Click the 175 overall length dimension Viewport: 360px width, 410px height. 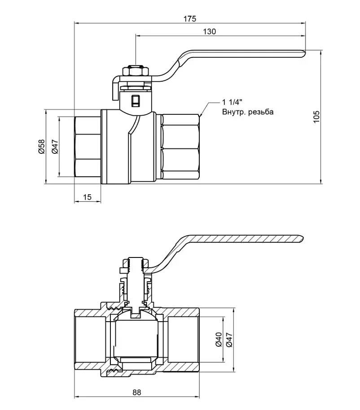190,19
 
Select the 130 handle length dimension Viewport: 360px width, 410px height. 210,31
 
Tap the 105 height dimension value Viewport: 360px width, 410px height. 316,117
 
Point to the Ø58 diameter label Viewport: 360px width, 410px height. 42,147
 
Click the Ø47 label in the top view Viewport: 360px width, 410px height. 55,147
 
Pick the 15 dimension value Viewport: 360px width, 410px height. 88,197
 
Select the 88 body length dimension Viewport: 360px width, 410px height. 136,393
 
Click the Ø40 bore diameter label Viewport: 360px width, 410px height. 219,340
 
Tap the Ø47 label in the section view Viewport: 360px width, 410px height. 229,340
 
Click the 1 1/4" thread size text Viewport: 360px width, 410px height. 233,102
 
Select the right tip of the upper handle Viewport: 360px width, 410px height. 305,53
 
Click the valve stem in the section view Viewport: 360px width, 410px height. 135,283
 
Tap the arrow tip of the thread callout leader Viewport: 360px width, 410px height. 200,116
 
